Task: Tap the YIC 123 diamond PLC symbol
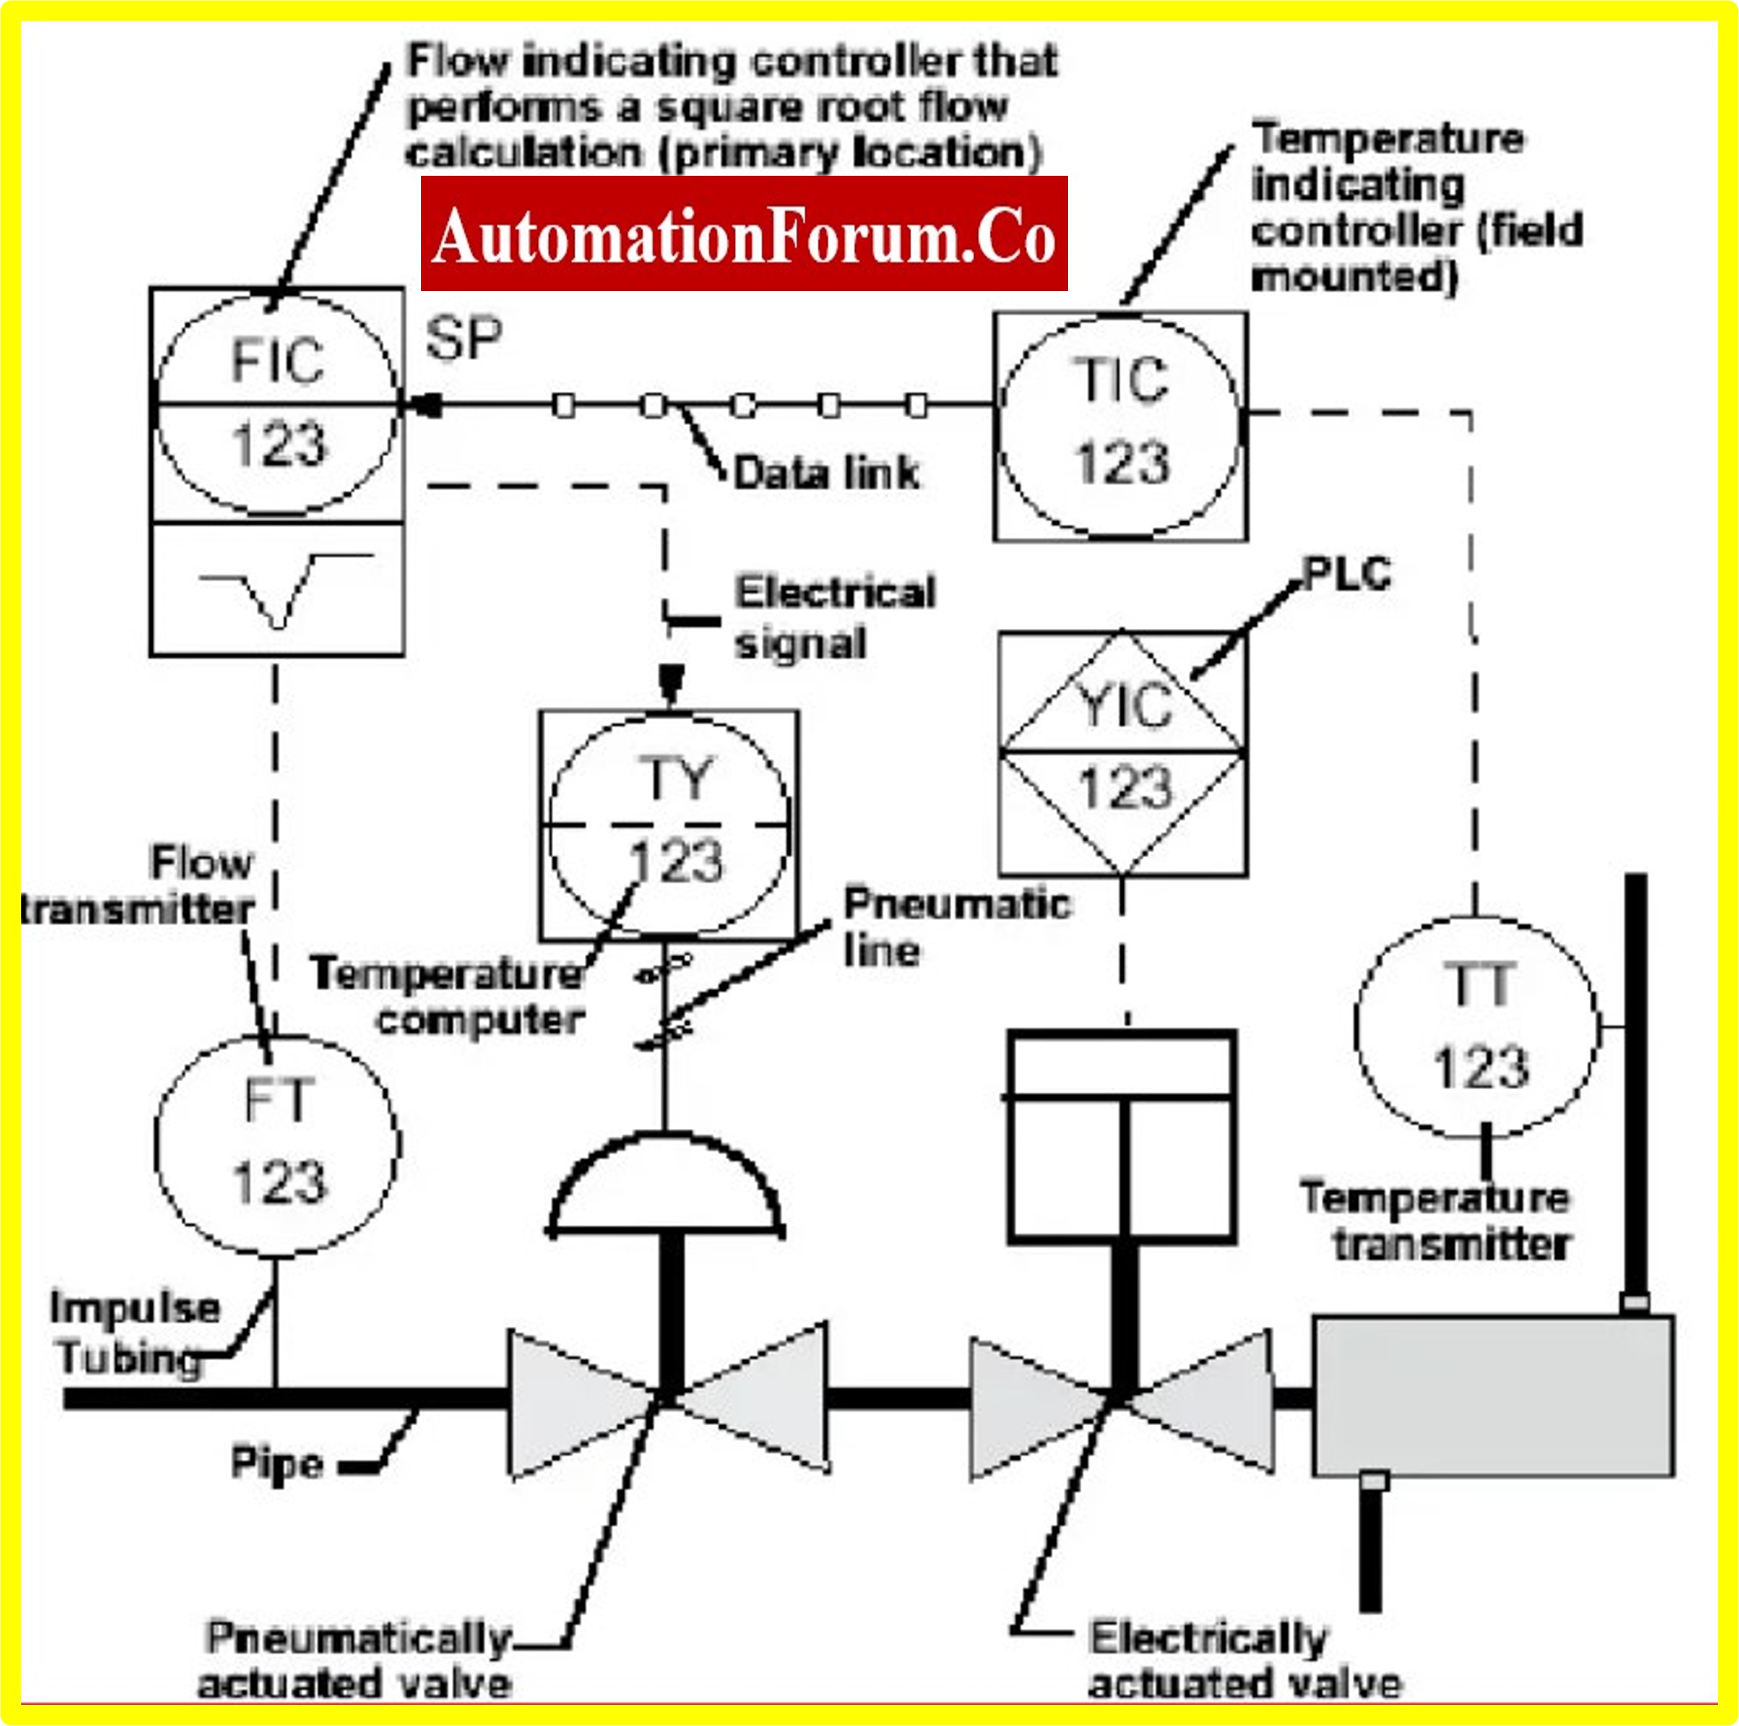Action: [x=1122, y=752]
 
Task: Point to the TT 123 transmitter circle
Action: [x=1477, y=1027]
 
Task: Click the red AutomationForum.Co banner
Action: [x=744, y=234]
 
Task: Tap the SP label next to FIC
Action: [x=464, y=339]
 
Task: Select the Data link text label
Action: [x=826, y=474]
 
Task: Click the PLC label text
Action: [x=1347, y=574]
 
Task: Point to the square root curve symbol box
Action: [x=277, y=589]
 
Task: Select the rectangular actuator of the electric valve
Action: [x=1122, y=1137]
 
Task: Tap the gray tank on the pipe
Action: [x=1492, y=1396]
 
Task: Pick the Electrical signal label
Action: [x=835, y=618]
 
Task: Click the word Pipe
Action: [x=276, y=1462]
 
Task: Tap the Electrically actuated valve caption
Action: [x=1244, y=1659]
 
